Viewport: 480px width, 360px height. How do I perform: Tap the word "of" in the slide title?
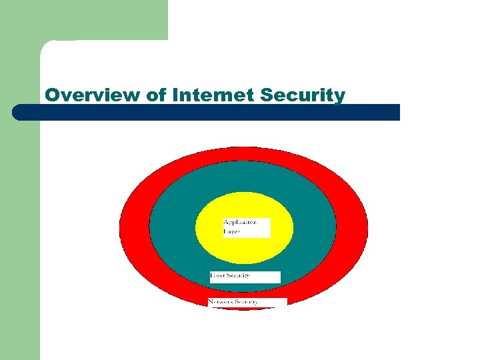(156, 95)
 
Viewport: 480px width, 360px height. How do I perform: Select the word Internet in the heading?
(213, 95)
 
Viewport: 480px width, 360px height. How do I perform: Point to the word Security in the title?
(303, 95)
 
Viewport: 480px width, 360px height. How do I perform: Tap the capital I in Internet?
(175, 95)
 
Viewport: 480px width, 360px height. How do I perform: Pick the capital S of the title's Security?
(267, 95)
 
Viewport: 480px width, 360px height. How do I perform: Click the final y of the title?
(341, 97)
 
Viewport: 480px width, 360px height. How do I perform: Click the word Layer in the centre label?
(231, 231)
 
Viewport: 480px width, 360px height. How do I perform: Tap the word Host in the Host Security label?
(217, 275)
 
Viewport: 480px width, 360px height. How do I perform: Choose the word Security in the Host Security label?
(237, 275)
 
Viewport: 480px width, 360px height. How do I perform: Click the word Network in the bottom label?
(221, 302)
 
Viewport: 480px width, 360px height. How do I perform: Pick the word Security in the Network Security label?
(246, 302)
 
